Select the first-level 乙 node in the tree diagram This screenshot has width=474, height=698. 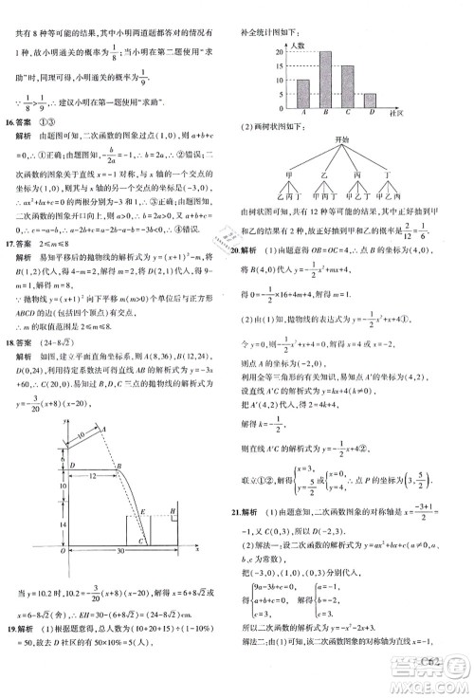pos(329,175)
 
